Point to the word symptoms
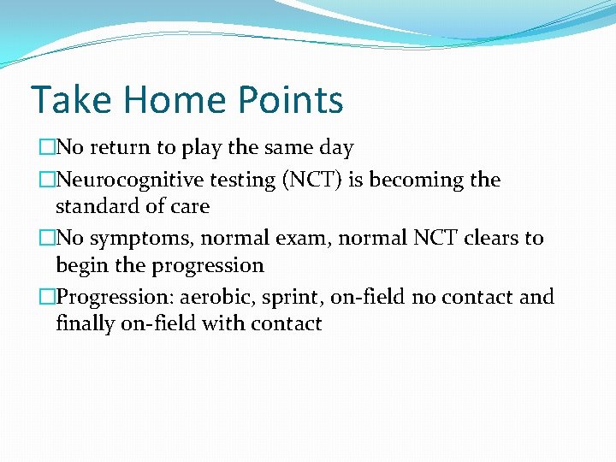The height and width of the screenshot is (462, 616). coord(139,238)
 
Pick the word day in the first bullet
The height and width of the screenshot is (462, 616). coord(335,148)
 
